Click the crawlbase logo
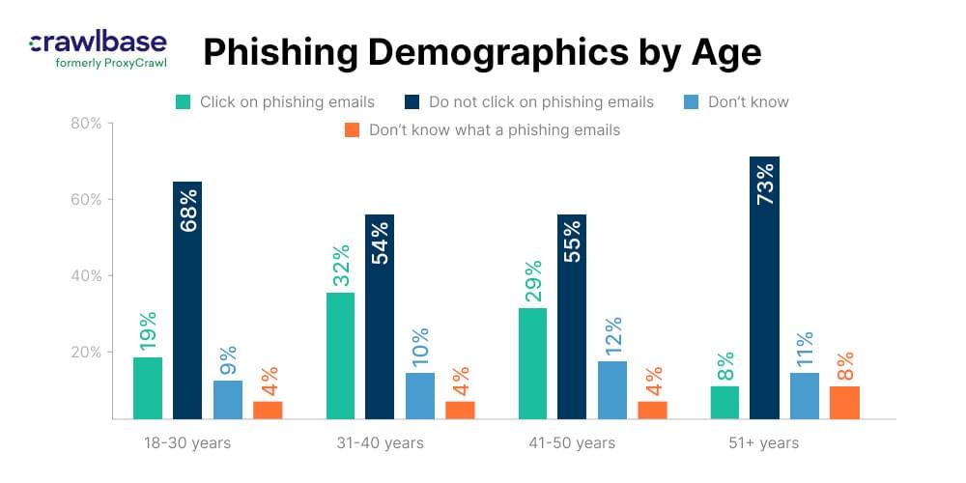coord(98,42)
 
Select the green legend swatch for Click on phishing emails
coord(183,101)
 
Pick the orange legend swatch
coord(353,129)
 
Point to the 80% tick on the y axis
coord(88,124)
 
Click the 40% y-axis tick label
coord(88,275)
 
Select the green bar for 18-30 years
coord(148,387)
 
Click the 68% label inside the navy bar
coord(187,209)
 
